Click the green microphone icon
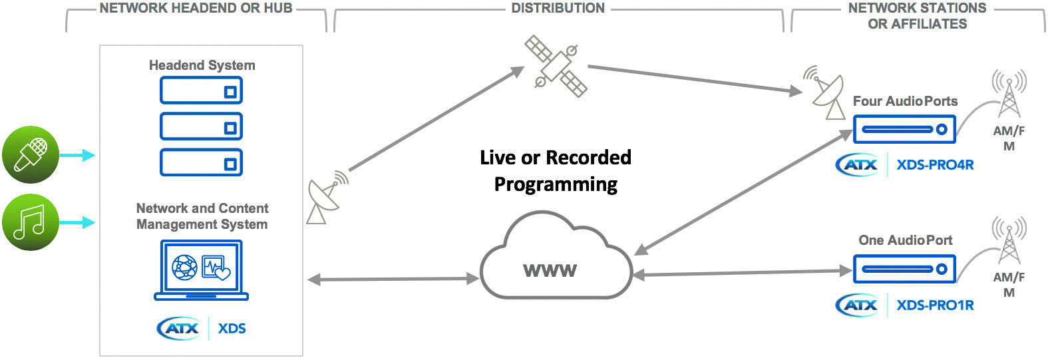tap(30, 154)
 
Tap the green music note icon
tap(30, 222)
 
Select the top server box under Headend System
tap(201, 90)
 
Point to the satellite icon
tap(556, 65)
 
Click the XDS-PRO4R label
tap(935, 164)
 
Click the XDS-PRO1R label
tap(935, 305)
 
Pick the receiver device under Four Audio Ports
tap(904, 129)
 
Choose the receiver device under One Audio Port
tap(904, 269)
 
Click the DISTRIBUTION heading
tap(558, 9)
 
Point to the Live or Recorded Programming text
tap(556, 170)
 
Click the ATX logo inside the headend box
tap(178, 328)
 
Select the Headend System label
tap(202, 65)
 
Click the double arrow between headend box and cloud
tap(393, 279)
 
